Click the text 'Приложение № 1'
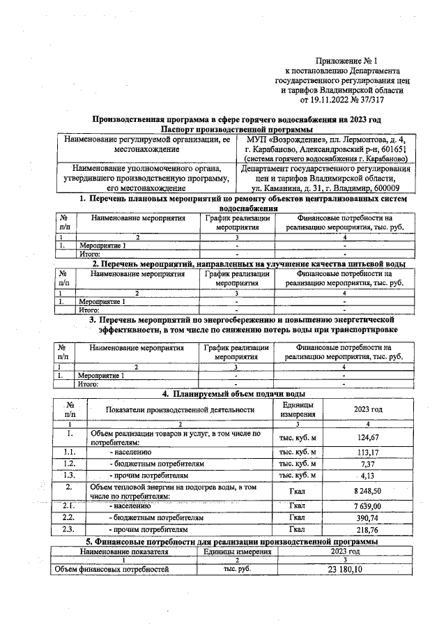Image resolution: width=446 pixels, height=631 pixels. (x=346, y=62)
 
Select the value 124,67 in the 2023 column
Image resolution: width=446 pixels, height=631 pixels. (x=367, y=437)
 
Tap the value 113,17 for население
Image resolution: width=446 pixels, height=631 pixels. (x=367, y=452)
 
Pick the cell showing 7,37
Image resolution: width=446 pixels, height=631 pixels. (x=367, y=463)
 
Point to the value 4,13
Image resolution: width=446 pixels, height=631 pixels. (x=367, y=476)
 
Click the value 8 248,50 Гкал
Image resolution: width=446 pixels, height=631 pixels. (x=367, y=491)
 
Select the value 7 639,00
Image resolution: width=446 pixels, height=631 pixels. (x=367, y=505)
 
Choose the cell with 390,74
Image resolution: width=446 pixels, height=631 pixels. (x=367, y=518)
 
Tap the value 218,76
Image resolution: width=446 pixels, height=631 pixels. (x=367, y=531)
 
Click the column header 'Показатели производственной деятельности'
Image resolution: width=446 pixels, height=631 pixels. (x=180, y=410)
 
